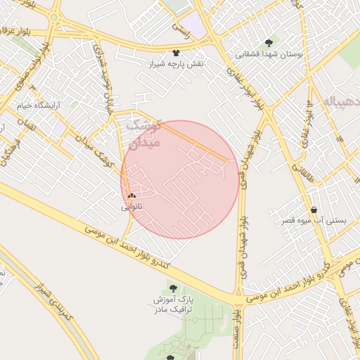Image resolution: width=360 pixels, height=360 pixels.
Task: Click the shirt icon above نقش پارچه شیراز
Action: pyautogui.click(x=175, y=53)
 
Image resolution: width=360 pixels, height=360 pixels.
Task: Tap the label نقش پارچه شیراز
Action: pyautogui.click(x=175, y=64)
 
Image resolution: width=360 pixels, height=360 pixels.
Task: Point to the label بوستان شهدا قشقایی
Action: pyautogui.click(x=271, y=53)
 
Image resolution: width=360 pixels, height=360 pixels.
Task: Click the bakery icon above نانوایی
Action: pyautogui.click(x=131, y=196)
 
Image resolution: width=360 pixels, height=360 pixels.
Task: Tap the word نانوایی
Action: pyautogui.click(x=131, y=207)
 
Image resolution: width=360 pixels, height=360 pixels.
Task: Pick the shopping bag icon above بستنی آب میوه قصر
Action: pyautogui.click(x=313, y=210)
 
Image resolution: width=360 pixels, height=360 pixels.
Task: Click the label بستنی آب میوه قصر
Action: pyautogui.click(x=314, y=221)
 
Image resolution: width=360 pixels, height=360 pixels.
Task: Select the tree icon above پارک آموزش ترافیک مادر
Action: pyautogui.click(x=173, y=287)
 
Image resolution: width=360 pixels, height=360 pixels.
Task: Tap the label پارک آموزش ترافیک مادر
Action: pyautogui.click(x=174, y=304)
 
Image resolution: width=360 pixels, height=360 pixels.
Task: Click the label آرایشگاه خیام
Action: pyautogui.click(x=39, y=105)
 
